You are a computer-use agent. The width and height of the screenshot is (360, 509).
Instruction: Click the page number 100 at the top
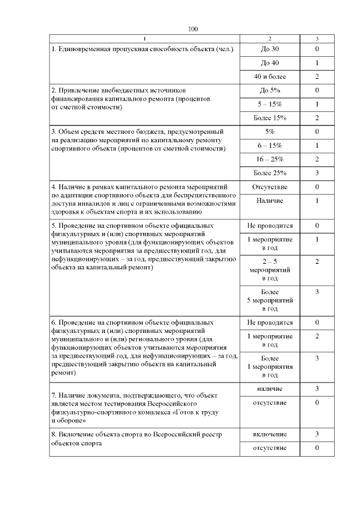[193, 29]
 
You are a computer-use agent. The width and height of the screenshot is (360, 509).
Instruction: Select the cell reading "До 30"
[270, 49]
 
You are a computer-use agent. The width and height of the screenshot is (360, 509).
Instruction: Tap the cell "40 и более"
[270, 76]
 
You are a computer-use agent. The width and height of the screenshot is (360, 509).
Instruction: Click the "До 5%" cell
[270, 91]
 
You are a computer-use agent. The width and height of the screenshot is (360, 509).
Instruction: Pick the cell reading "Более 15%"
[270, 118]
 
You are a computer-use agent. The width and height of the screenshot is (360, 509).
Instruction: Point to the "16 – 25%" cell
[270, 159]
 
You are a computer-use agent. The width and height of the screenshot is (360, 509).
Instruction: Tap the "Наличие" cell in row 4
[270, 201]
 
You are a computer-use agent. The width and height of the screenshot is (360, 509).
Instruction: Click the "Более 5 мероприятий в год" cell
[270, 300]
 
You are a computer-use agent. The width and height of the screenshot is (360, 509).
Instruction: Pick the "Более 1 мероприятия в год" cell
[270, 367]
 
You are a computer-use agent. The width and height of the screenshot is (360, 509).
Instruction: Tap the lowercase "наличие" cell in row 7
[270, 389]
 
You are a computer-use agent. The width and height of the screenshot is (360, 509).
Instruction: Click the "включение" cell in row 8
[270, 434]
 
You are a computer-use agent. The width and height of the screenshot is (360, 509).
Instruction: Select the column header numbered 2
[270, 38]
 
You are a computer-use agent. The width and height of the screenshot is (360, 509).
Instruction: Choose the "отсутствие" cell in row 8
[270, 448]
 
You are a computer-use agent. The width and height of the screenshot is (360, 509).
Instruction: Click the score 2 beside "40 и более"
[317, 76]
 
